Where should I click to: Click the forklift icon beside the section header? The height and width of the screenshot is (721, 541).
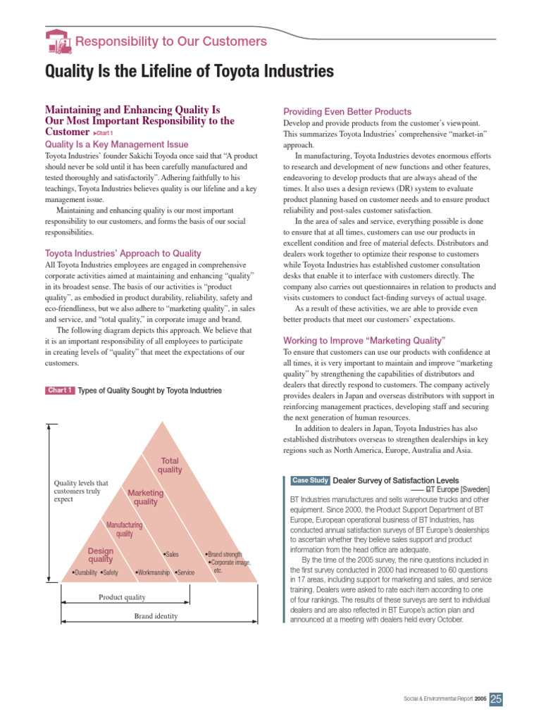(58, 42)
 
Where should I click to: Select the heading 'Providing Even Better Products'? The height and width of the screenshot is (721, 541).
(347, 111)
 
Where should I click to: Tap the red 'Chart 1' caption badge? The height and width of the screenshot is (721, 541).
(60, 390)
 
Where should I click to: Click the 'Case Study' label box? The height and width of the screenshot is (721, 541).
(310, 480)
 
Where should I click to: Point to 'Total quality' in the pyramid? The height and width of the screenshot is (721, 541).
(170, 465)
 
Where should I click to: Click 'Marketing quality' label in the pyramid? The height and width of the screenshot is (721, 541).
(146, 498)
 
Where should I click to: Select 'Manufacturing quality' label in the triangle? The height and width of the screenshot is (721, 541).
(124, 529)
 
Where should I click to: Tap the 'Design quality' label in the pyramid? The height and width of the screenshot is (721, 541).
(101, 555)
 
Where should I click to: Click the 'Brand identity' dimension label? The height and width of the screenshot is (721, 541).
(156, 616)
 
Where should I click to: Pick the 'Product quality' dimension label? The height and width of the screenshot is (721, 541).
(122, 597)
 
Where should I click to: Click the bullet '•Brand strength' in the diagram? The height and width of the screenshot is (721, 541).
(227, 554)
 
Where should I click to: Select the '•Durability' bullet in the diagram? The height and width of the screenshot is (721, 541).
(85, 572)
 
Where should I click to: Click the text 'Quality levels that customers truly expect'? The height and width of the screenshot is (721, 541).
(81, 491)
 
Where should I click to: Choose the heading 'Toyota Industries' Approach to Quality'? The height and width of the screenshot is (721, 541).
(123, 253)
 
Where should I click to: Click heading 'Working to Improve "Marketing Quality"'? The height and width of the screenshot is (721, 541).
(364, 340)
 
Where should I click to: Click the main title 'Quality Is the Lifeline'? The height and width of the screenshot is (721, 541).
(189, 71)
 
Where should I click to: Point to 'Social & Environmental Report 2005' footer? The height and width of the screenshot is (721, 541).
(444, 698)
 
